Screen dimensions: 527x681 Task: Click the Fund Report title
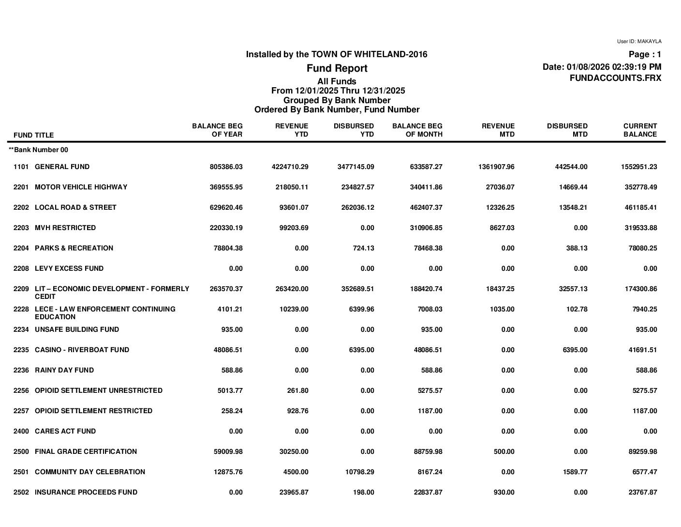(337, 68)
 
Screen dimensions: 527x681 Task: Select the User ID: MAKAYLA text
(639, 42)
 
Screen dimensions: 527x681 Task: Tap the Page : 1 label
(645, 55)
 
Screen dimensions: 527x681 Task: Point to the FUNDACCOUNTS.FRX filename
(615, 78)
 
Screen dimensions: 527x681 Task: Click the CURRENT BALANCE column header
(640, 130)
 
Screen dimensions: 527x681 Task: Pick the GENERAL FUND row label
(62, 167)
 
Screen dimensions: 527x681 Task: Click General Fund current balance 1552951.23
(639, 167)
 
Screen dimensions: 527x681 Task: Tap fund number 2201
(21, 187)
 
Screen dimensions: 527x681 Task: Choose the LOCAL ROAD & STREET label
(75, 207)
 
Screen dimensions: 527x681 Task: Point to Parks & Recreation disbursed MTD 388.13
(575, 248)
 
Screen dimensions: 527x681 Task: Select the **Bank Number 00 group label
(39, 150)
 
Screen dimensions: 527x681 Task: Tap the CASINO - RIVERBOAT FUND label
(82, 350)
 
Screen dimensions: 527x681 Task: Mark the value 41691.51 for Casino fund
(641, 350)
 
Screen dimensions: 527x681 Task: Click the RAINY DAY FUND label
(64, 370)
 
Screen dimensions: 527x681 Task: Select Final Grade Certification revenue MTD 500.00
(503, 451)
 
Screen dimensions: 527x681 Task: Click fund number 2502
(21, 492)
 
